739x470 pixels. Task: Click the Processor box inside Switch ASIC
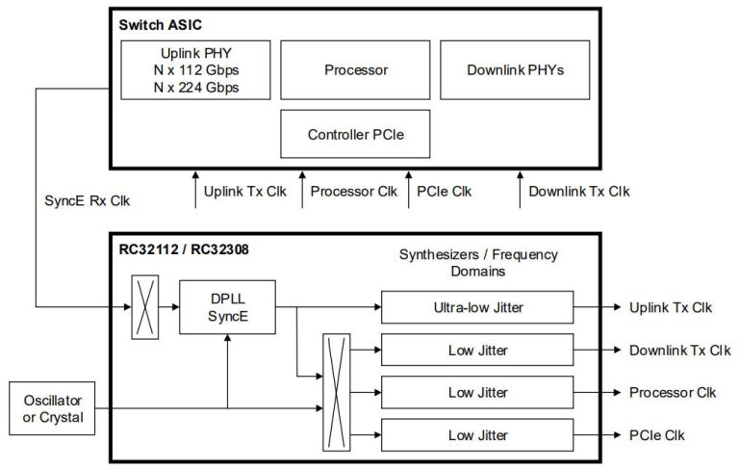coord(355,70)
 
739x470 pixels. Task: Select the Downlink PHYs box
coord(514,70)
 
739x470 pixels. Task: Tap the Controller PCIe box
coord(354,134)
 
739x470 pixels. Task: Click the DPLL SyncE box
coord(227,307)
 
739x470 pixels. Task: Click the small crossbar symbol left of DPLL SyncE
coord(144,307)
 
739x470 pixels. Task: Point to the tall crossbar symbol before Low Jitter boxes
coord(336,392)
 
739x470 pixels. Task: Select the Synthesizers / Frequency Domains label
coord(477,262)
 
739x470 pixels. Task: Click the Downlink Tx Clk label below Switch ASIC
coord(579,191)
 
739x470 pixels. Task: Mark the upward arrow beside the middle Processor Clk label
coord(303,190)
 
